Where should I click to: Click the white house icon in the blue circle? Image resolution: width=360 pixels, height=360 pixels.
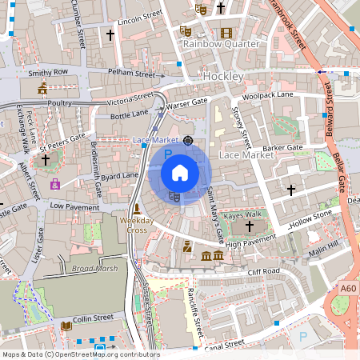click(180, 173)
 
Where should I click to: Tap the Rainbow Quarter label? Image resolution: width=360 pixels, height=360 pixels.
click(221, 44)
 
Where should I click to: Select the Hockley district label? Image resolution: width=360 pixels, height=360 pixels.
click(222, 75)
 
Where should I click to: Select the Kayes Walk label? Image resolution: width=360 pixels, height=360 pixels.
click(242, 215)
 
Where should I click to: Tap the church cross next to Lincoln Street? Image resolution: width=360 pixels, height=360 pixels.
click(110, 34)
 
